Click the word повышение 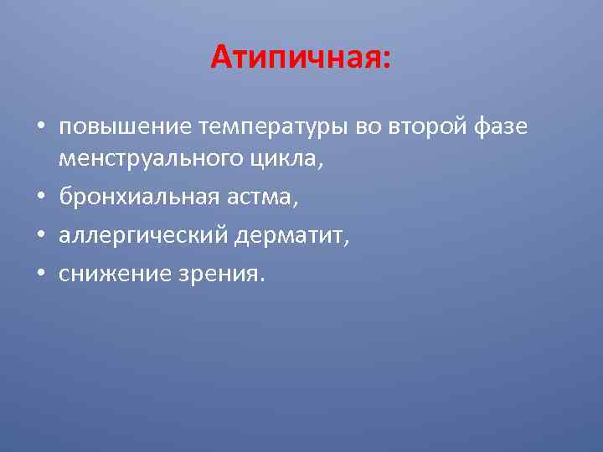(126, 127)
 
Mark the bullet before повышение (40, 127)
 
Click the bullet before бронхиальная (40, 198)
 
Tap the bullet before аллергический (40, 237)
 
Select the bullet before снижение (40, 275)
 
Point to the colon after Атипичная (385, 61)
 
